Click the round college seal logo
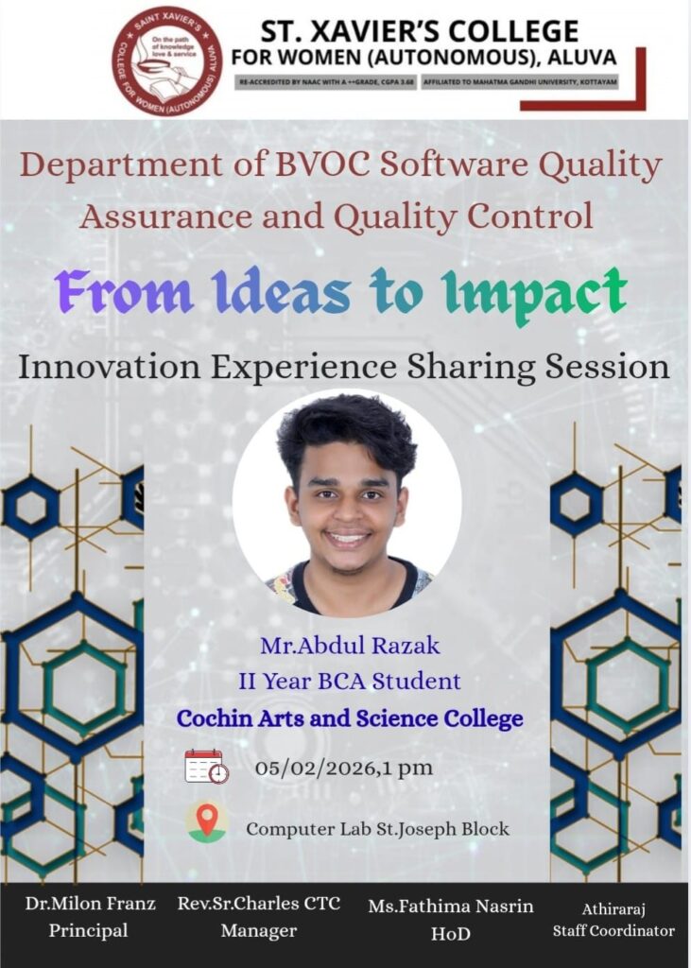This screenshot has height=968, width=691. click(x=166, y=60)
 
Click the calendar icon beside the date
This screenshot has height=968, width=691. click(x=207, y=767)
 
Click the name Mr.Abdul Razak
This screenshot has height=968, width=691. click(x=350, y=646)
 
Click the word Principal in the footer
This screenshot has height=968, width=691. click(x=88, y=930)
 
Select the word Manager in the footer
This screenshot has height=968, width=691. click(x=259, y=930)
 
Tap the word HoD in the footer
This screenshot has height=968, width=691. click(x=451, y=933)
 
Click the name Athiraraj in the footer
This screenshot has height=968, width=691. click(x=613, y=909)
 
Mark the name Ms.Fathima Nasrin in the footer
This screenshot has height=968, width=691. click(x=451, y=907)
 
